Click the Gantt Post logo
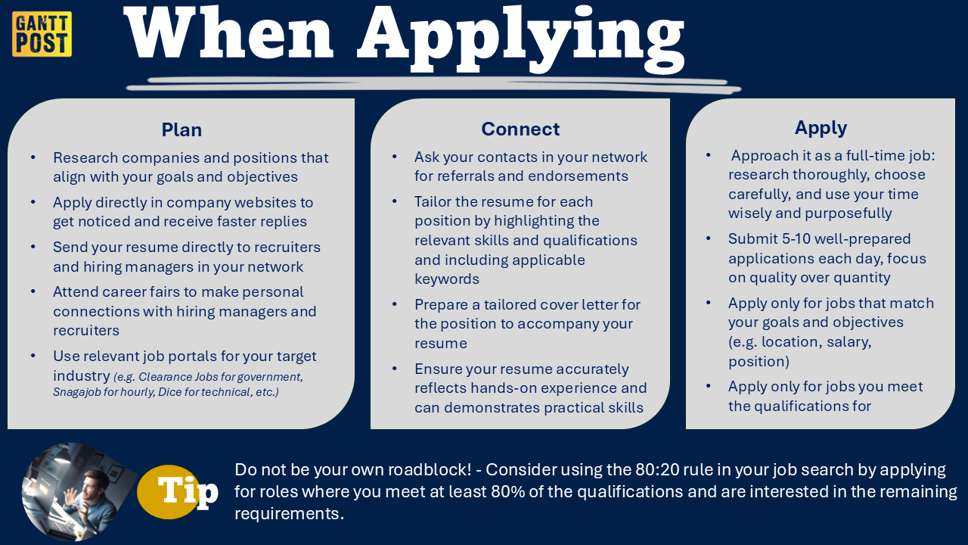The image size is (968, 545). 42,34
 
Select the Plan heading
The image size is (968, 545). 181,129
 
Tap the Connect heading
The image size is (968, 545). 520,129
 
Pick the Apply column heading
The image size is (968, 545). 821,128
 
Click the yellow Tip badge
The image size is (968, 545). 178,491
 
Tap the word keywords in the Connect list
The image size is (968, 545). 447,279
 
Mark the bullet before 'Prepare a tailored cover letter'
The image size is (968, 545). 396,304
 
